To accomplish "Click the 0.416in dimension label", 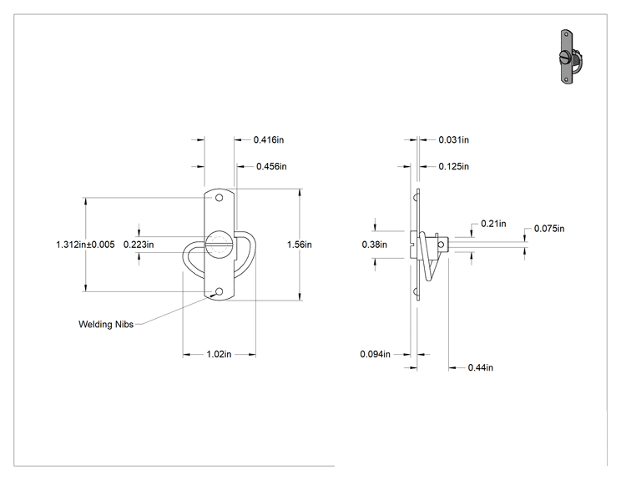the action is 269,139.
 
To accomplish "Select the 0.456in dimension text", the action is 271,166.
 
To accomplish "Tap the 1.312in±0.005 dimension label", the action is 85,245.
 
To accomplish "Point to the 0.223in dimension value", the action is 139,245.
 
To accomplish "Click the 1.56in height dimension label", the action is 300,245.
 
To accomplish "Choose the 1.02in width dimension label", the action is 219,354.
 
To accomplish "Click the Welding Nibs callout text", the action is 106,325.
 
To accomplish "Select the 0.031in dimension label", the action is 453,139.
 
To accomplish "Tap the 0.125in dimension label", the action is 453,166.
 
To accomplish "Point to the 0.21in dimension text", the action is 493,224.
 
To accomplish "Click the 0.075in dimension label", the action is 549,229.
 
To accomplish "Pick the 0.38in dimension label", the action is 374,245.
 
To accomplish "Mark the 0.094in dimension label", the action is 375,354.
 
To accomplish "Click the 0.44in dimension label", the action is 481,367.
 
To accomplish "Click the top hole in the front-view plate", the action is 219,198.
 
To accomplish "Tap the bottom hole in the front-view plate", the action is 219,292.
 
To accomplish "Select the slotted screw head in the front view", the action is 219,245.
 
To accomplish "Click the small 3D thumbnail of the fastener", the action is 570,57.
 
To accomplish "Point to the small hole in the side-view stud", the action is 441,245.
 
